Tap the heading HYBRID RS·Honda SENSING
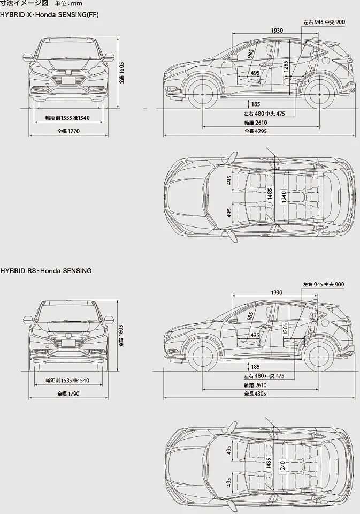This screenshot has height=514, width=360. point(46,271)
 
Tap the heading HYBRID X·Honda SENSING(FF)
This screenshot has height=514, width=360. point(50,14)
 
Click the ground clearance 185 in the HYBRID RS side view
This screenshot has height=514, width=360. point(255,367)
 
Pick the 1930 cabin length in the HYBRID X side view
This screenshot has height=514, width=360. point(277,31)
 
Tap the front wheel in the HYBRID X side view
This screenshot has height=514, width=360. point(203,90)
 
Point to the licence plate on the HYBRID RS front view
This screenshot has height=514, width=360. point(68,343)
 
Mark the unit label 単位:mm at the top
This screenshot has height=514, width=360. point(68,4)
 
